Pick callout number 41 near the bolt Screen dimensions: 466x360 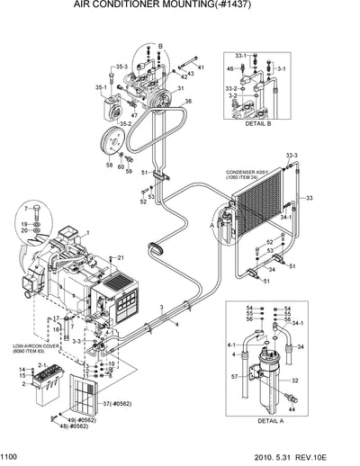(201, 67)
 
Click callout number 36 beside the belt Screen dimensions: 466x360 (187, 102)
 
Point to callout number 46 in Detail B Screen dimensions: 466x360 (230, 68)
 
